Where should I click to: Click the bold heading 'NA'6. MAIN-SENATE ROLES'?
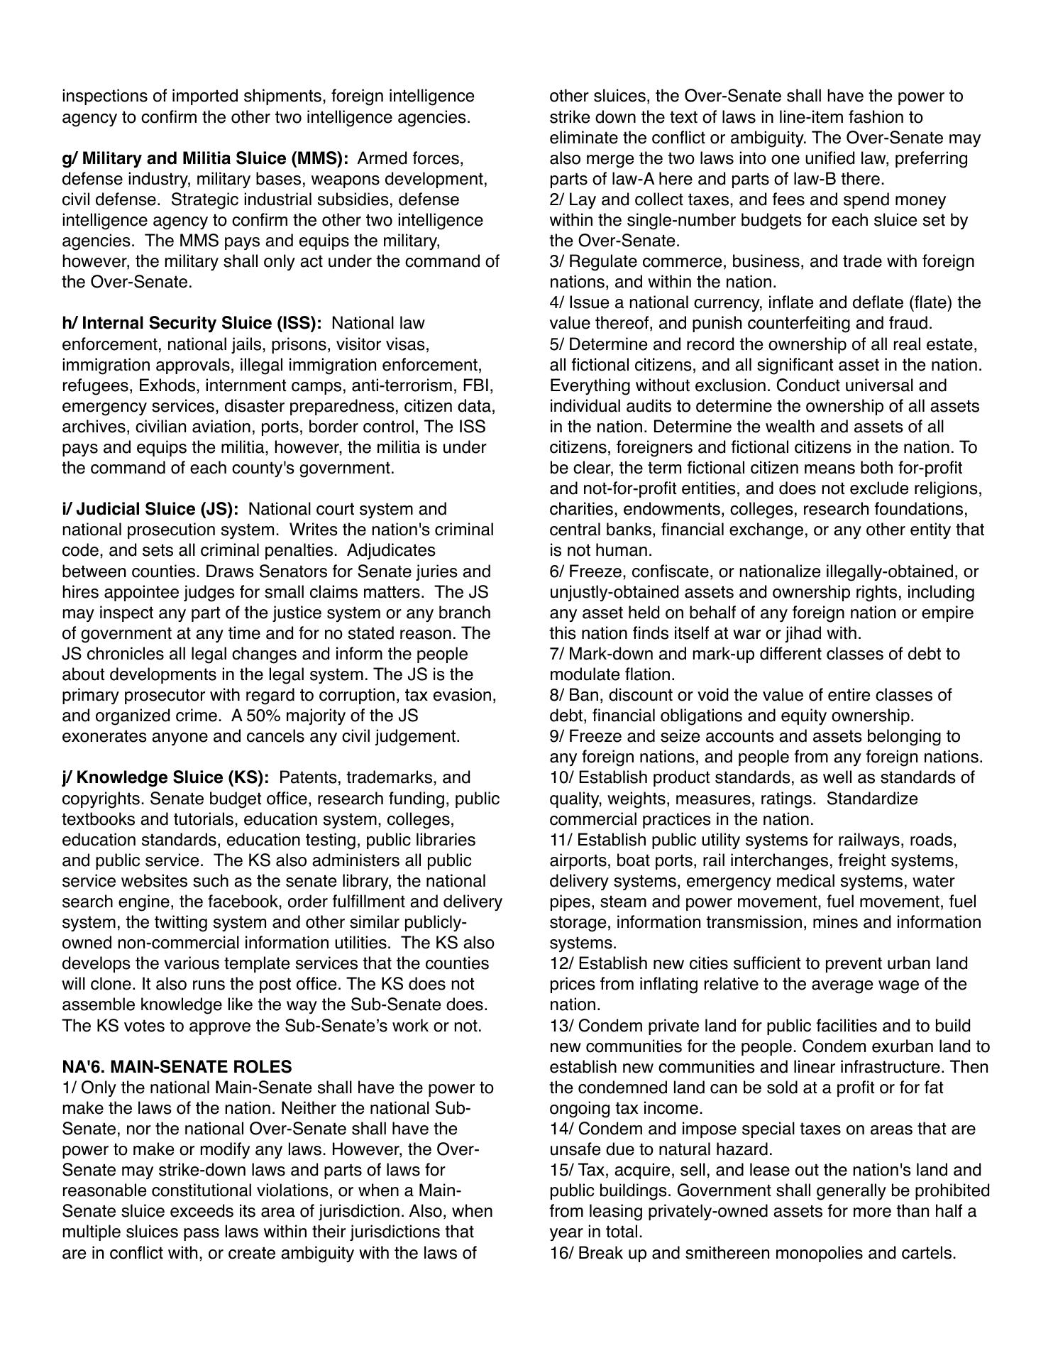click(x=177, y=1067)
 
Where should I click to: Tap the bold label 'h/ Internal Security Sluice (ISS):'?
click(x=192, y=323)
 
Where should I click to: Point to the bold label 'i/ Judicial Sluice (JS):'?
click(x=150, y=509)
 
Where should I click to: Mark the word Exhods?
click(x=166, y=385)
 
